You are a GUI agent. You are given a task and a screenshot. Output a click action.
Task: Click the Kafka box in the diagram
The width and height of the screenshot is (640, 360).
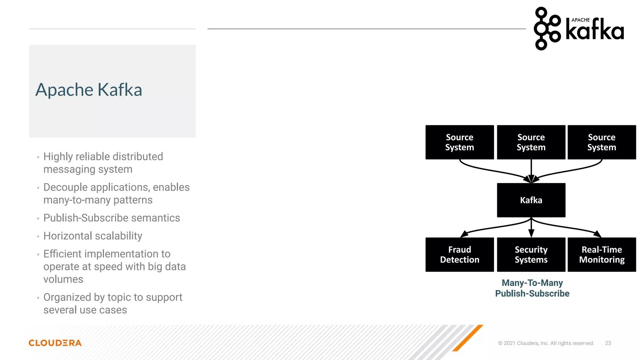(531, 200)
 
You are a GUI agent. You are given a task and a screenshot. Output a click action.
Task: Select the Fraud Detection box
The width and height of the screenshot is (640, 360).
(459, 254)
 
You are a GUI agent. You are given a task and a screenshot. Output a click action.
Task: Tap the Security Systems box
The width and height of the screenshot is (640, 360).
(531, 254)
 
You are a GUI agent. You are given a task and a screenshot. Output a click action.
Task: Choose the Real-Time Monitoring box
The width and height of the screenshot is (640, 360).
(602, 254)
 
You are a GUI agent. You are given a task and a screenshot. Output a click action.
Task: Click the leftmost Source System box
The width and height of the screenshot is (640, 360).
(459, 142)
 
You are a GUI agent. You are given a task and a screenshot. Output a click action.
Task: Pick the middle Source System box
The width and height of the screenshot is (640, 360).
(531, 142)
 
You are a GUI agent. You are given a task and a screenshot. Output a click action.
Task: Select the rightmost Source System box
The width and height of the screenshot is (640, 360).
(602, 142)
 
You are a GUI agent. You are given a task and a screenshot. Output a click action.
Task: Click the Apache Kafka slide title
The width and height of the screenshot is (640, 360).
(89, 90)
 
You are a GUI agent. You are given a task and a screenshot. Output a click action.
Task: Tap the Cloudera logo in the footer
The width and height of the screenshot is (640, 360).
(55, 343)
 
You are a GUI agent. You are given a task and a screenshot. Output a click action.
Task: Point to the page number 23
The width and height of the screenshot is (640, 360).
(608, 343)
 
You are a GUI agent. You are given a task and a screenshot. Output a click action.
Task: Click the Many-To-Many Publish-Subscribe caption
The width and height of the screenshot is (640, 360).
(532, 288)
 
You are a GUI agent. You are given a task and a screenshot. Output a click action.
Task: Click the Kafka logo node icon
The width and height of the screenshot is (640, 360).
(547, 28)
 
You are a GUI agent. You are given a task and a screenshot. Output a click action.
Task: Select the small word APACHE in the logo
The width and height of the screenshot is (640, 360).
(580, 20)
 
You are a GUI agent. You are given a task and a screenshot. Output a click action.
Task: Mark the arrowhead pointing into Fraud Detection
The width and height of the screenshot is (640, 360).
(464, 234)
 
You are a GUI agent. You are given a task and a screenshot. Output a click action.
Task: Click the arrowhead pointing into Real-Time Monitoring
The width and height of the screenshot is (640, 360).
(597, 234)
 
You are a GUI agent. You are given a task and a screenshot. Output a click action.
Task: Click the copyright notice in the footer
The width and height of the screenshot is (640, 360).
(546, 343)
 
